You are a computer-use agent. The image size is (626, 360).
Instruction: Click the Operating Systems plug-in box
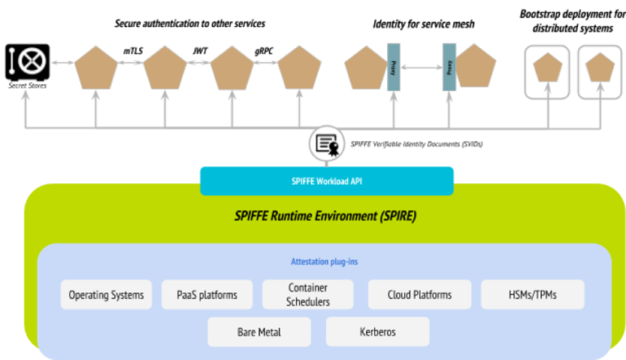click(x=107, y=295)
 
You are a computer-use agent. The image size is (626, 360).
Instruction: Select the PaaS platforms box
click(x=207, y=295)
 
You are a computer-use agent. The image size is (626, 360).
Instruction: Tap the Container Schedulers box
click(x=308, y=295)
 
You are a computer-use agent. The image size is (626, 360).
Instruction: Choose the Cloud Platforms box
click(x=420, y=295)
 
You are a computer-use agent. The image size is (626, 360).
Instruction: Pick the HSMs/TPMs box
click(x=532, y=295)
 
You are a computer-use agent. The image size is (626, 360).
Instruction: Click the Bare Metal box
click(x=259, y=332)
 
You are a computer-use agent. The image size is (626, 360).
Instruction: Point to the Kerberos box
click(x=377, y=332)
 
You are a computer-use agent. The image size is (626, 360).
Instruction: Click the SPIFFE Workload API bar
click(x=327, y=181)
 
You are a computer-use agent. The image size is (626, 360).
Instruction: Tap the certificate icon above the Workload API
click(x=327, y=145)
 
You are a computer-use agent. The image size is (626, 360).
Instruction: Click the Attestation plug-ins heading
click(x=324, y=262)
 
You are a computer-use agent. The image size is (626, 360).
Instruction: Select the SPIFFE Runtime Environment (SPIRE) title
click(x=324, y=217)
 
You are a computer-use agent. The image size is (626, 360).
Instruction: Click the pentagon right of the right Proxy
click(x=476, y=67)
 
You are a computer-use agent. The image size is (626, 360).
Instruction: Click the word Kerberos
click(x=377, y=332)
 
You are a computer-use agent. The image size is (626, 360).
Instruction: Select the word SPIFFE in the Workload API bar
click(x=303, y=181)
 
